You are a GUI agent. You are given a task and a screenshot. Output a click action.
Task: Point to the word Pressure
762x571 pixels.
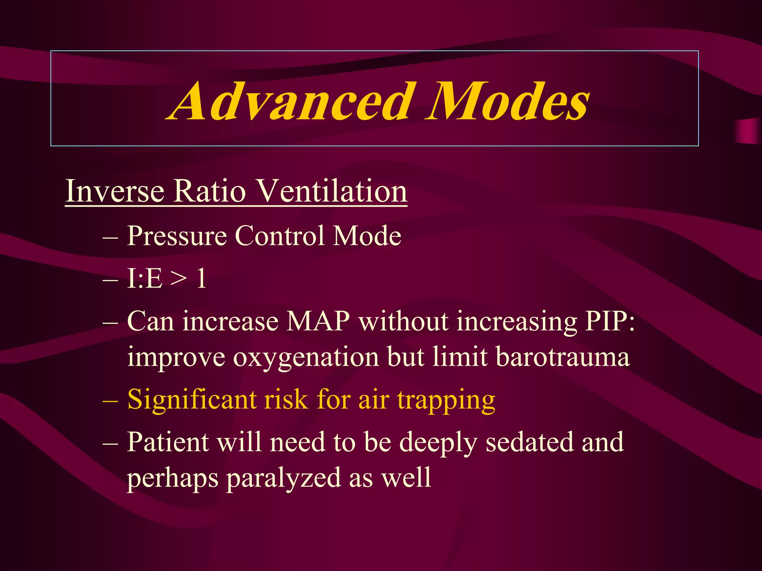coord(177,236)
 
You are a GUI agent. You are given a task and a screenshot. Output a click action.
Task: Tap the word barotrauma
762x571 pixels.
coord(563,357)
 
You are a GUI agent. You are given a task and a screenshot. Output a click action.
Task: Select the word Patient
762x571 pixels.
coord(167,442)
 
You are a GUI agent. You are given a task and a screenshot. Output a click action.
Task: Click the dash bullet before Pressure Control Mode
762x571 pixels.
coord(110,237)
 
